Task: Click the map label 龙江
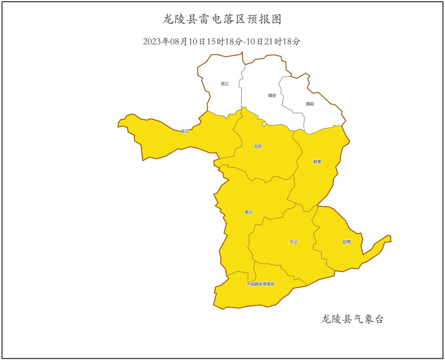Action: (225, 84)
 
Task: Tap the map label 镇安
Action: (272, 95)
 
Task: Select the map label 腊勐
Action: (310, 104)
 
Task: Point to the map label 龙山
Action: (185, 131)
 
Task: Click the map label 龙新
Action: (258, 146)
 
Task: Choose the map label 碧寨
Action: (317, 161)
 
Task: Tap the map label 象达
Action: (249, 212)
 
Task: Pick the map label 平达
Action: (293, 242)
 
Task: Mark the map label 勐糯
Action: (346, 242)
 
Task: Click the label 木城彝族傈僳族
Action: (260, 284)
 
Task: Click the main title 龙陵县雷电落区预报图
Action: (222, 19)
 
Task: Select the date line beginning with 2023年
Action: (222, 42)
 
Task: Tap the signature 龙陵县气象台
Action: (352, 320)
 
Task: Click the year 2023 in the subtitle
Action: (152, 42)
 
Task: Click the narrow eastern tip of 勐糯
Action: (387, 239)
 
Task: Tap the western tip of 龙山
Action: (121, 123)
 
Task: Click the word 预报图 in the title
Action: (268, 19)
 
